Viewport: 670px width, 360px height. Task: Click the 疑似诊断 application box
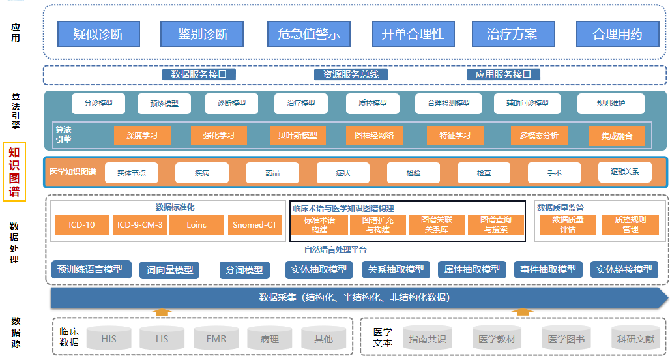click(x=98, y=34)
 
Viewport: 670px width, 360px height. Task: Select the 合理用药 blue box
click(x=617, y=34)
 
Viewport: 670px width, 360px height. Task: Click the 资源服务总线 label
click(x=351, y=74)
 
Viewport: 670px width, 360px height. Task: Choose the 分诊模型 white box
click(x=98, y=103)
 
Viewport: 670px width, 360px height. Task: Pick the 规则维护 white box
click(x=610, y=103)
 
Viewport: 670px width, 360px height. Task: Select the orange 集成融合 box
click(x=616, y=136)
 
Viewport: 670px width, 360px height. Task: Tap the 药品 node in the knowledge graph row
click(x=272, y=173)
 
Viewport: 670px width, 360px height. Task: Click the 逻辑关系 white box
click(x=624, y=172)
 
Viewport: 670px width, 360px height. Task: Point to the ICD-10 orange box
click(x=81, y=225)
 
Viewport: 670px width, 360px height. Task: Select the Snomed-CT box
click(x=255, y=225)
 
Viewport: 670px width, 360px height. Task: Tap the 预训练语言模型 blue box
click(x=91, y=269)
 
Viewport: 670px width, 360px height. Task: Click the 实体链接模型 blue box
click(x=624, y=269)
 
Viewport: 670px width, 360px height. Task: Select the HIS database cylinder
click(x=109, y=339)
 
